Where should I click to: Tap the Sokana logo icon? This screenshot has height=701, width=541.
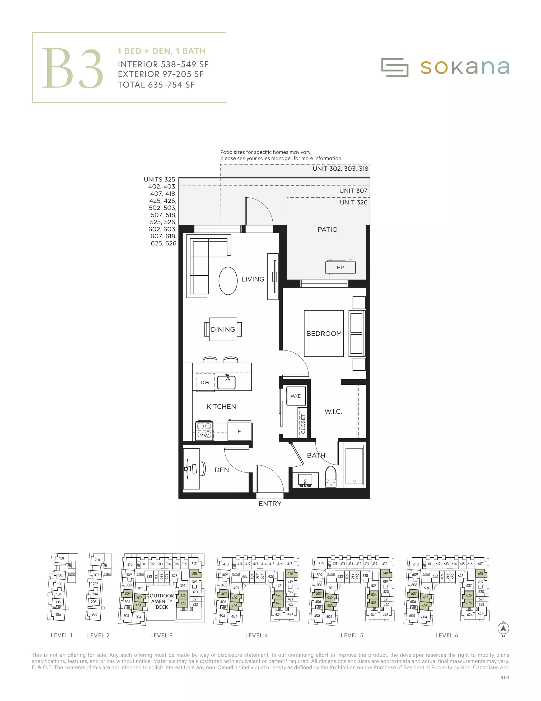(395, 67)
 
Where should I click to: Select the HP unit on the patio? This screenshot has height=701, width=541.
(340, 267)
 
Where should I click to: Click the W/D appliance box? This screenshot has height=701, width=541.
(296, 396)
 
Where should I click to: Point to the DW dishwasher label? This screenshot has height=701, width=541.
(205, 382)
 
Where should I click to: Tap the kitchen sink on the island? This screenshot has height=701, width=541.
(226, 382)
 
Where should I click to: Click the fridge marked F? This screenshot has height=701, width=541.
(239, 431)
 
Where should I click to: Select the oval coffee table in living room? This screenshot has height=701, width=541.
(228, 281)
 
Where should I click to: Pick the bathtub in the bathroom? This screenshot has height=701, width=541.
(354, 465)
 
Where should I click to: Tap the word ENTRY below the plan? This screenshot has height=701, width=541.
(270, 504)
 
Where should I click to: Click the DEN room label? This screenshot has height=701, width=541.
(221, 470)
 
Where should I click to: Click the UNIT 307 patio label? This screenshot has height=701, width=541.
(353, 191)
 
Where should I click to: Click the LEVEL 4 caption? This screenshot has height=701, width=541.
(256, 635)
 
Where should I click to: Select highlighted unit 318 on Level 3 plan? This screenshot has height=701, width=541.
(194, 573)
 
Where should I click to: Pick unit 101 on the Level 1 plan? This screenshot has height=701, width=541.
(62, 558)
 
